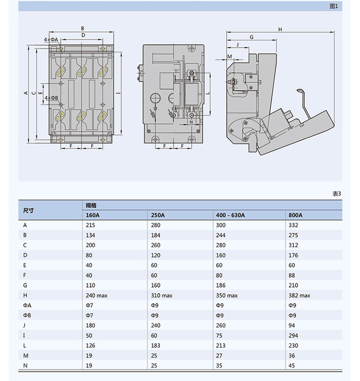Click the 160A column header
pos(93,215)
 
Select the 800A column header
pos(296,215)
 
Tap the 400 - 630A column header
pos(230,215)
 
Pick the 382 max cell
pos(299,296)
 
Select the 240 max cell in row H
pos(96,296)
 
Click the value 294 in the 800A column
pos(293,336)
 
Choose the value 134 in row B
pos(90,235)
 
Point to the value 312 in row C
pos(293,245)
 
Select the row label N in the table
pos(25,366)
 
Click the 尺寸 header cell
pos(29,210)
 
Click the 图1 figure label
pos(334,6)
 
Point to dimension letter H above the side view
pos(280,29)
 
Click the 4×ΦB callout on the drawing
pos(51,98)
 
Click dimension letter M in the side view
pos(230,56)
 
